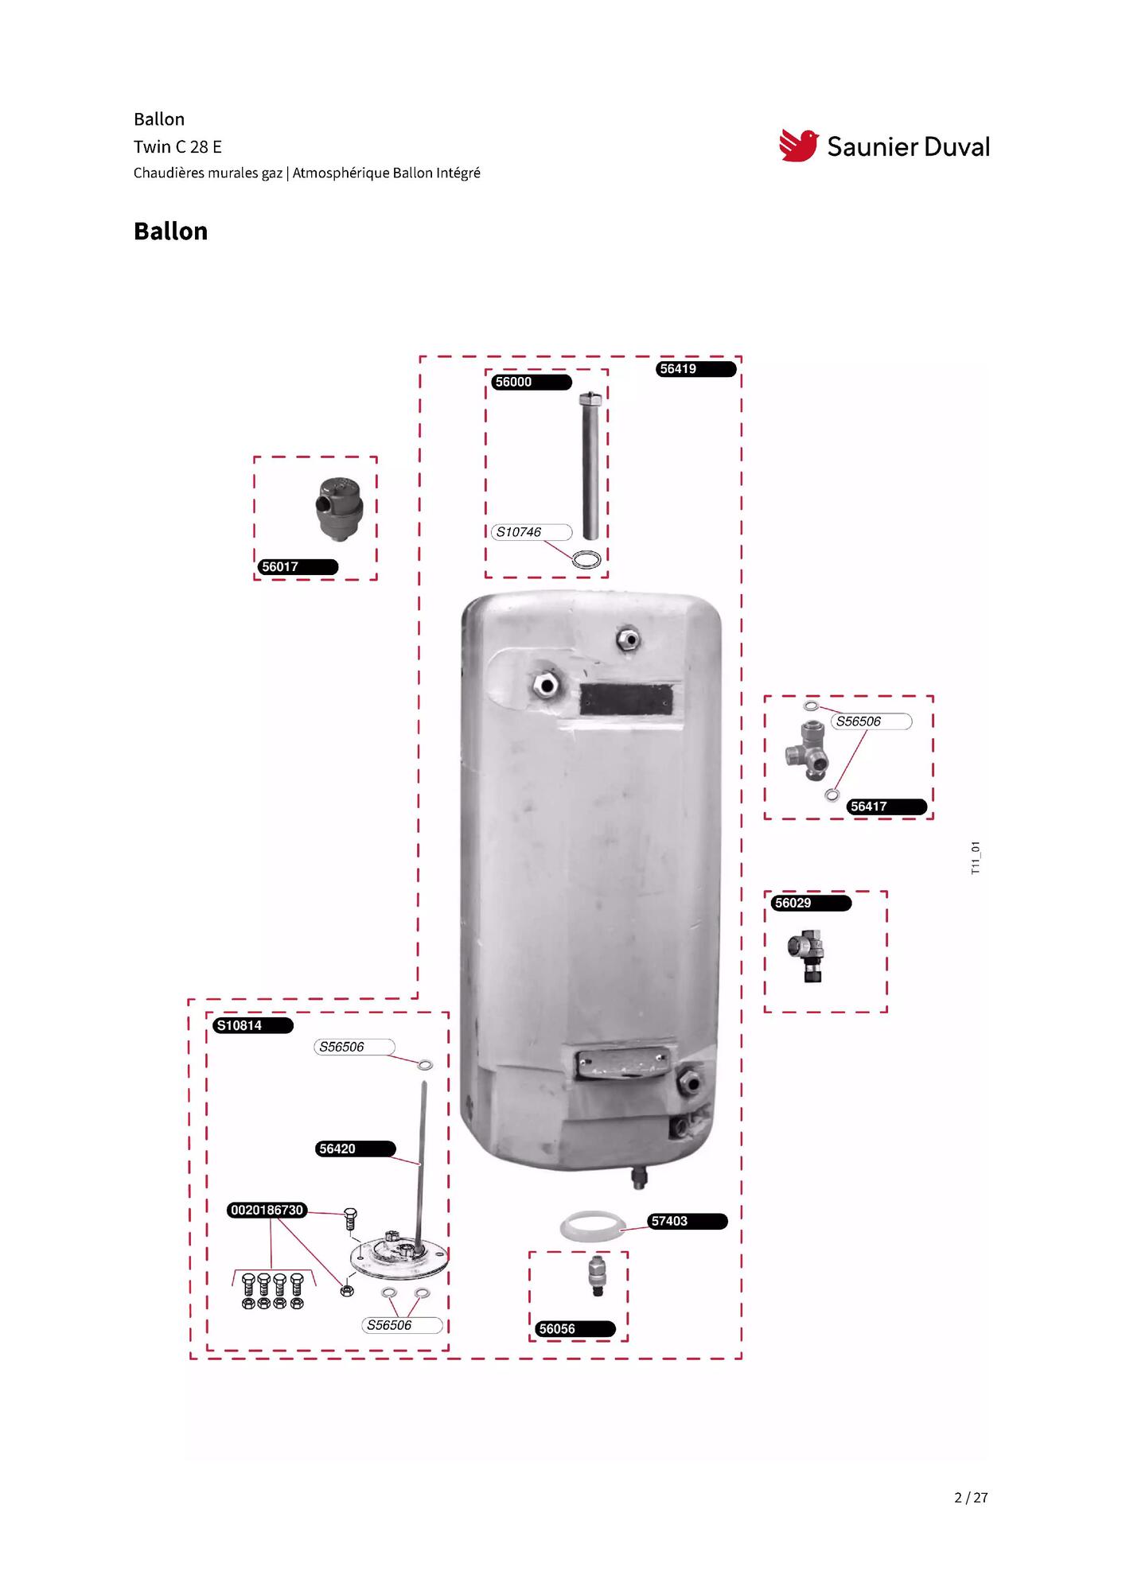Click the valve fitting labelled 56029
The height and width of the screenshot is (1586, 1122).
[807, 955]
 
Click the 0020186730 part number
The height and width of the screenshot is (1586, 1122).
[267, 1211]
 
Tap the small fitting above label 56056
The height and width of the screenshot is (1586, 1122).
[597, 1276]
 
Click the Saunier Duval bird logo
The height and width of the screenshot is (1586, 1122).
[798, 146]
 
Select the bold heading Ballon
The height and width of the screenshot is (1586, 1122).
[170, 231]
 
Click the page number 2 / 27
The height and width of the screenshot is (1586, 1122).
[971, 1498]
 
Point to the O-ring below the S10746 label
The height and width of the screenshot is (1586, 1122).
[587, 559]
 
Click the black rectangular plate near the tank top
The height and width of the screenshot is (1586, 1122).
[626, 699]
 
